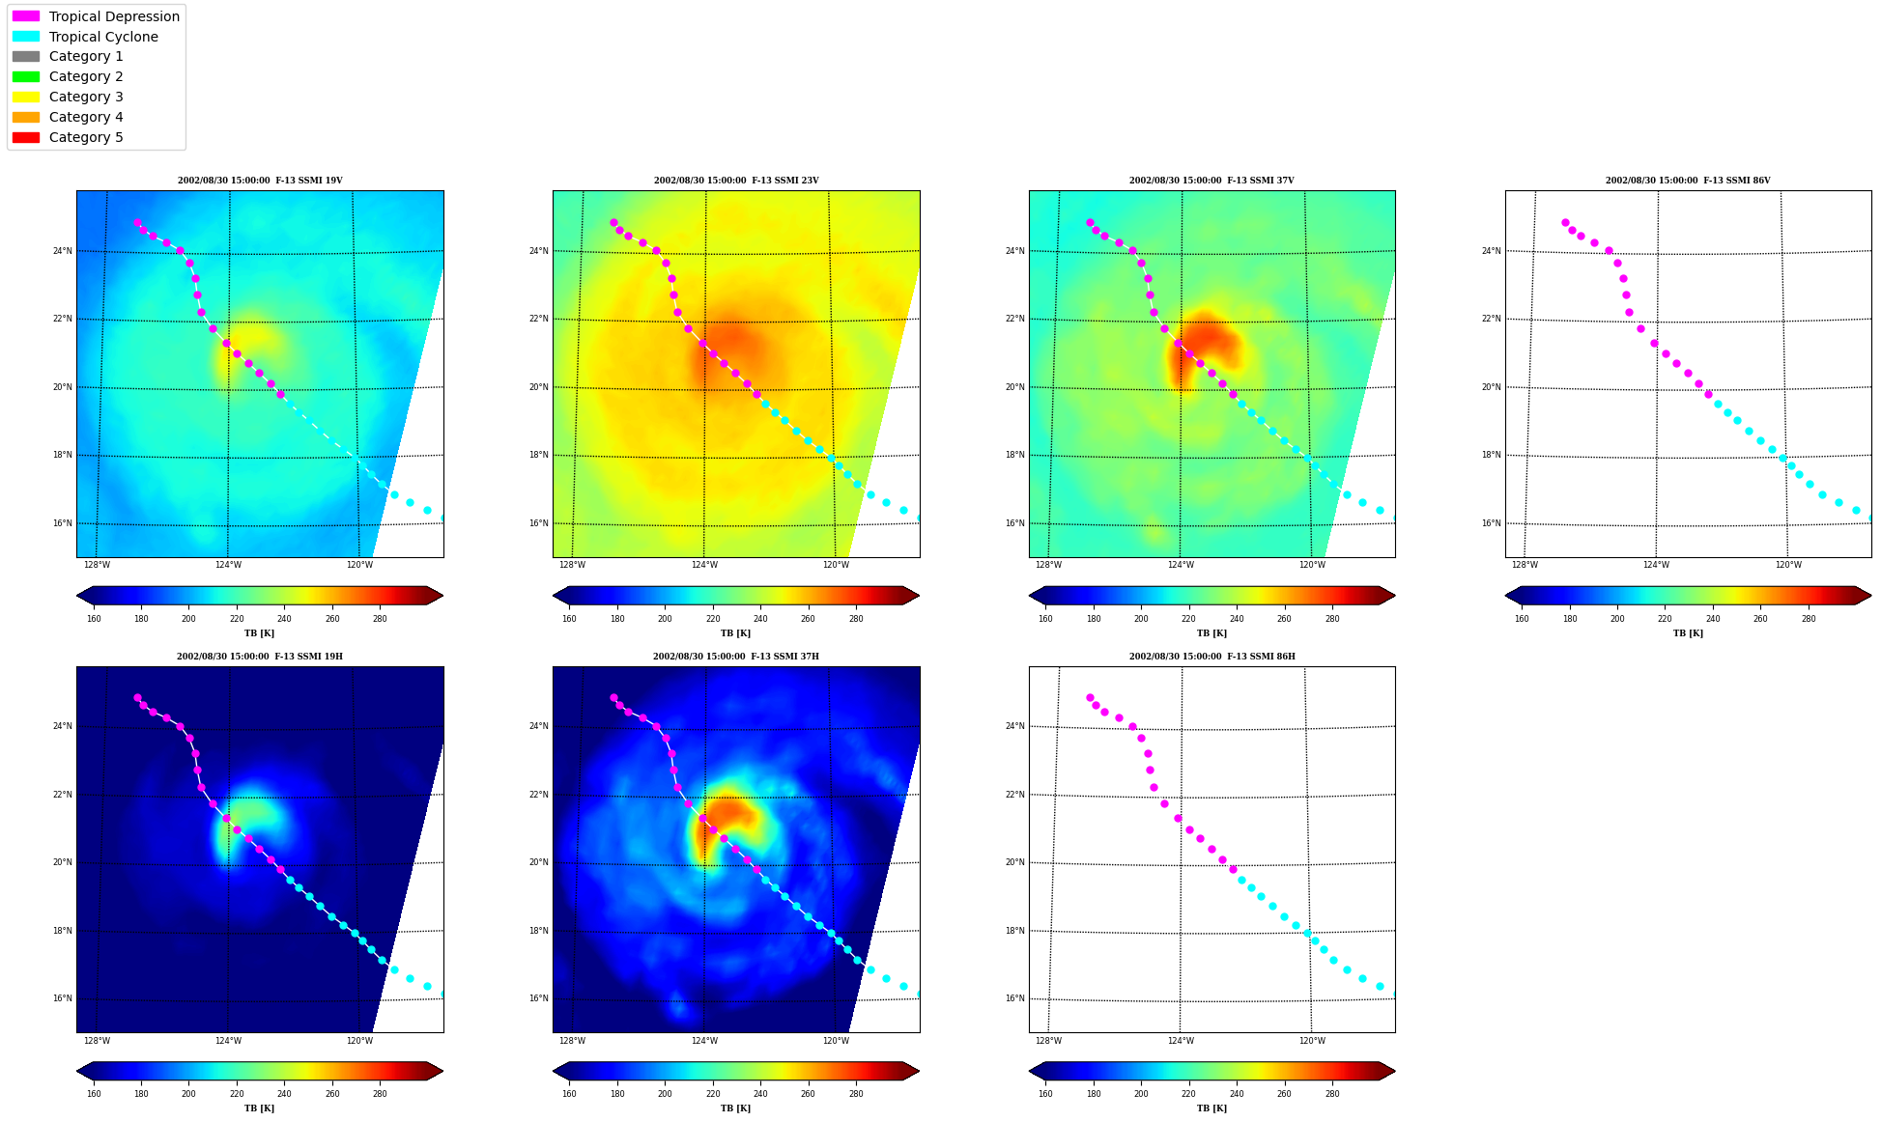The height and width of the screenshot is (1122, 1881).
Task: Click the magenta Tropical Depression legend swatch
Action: [x=26, y=16]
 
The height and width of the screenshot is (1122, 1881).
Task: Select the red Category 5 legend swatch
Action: [x=26, y=137]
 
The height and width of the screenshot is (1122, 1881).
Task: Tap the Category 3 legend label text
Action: [x=86, y=97]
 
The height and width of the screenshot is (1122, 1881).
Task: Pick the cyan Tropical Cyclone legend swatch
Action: [x=26, y=37]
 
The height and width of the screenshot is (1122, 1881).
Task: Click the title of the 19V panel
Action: [x=260, y=181]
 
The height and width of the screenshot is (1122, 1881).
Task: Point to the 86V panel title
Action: [x=1688, y=181]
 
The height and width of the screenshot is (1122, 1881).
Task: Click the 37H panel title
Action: [x=735, y=657]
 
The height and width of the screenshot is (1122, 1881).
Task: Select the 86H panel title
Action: [x=1211, y=657]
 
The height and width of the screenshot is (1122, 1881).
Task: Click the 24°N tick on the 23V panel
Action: [x=538, y=251]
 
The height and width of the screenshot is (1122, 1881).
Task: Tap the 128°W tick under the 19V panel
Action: [x=97, y=565]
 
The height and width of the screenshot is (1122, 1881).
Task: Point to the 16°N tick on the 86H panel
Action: [x=1014, y=998]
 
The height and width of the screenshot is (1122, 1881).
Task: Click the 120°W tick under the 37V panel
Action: [x=1312, y=565]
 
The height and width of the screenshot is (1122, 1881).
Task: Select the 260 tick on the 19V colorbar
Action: [x=332, y=619]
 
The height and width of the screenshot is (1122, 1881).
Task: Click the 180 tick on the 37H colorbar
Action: [x=617, y=1094]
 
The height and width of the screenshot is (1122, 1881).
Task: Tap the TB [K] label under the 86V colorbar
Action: [x=1688, y=633]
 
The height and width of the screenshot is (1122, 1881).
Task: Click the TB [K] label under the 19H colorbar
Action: [x=259, y=1108]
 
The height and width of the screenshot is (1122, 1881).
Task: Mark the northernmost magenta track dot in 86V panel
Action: [x=1565, y=222]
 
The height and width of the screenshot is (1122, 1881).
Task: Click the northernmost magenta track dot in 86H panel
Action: [x=1090, y=697]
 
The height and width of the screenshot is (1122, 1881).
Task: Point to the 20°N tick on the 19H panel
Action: [x=62, y=862]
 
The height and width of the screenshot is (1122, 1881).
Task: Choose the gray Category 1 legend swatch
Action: [x=26, y=56]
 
